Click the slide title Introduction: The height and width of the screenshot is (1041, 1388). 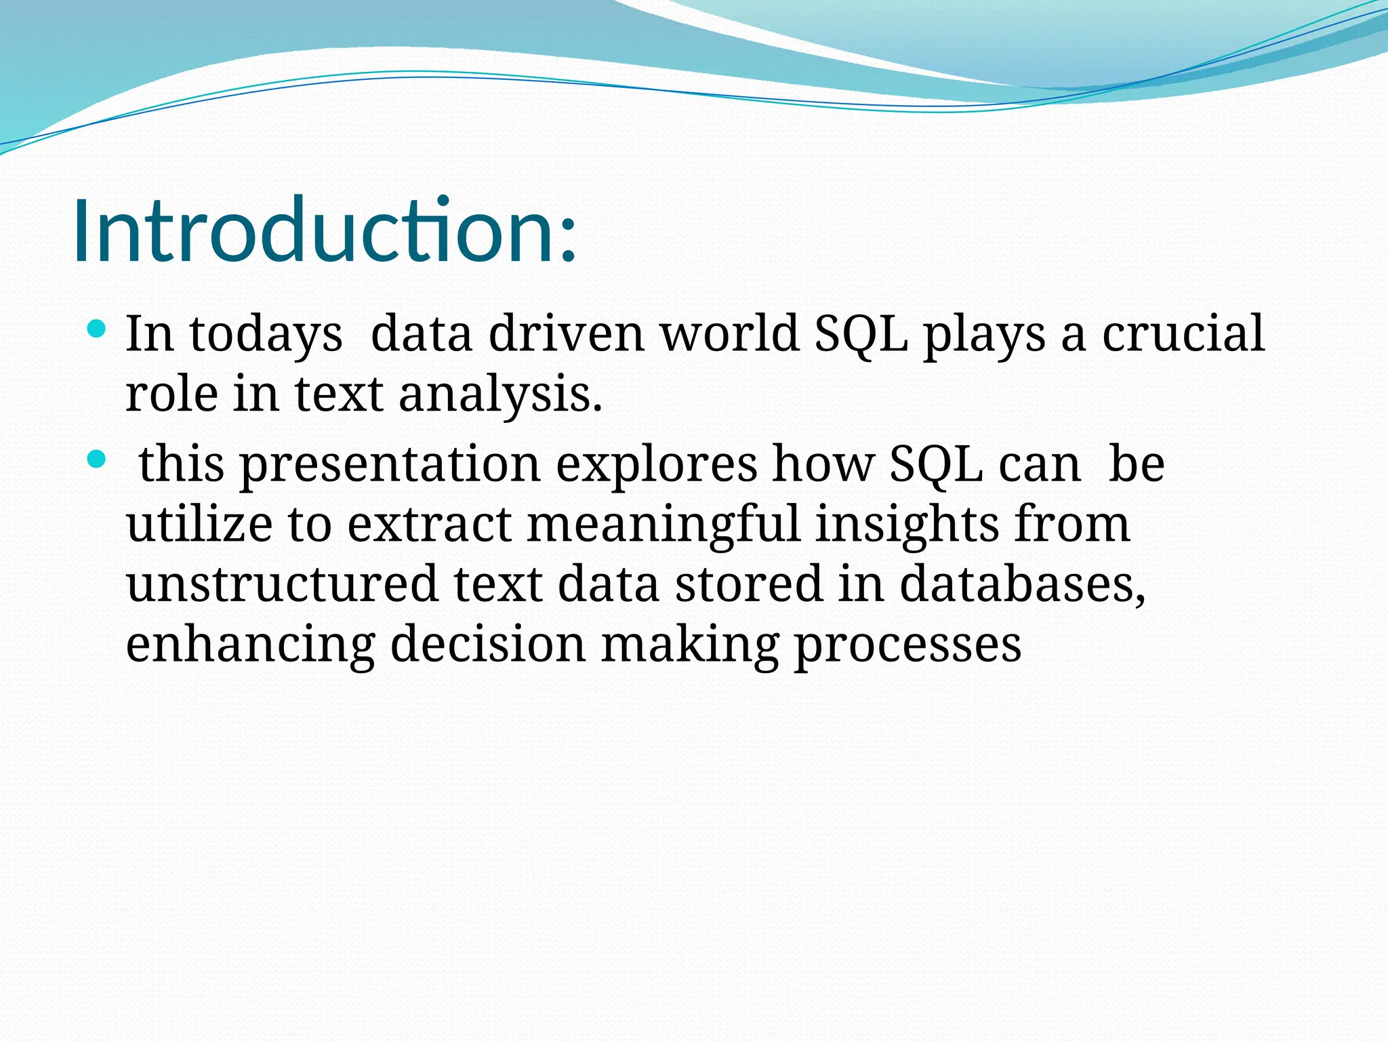click(324, 230)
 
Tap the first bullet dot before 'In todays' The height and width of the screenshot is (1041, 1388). click(97, 330)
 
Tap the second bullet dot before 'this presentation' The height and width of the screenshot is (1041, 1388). click(97, 460)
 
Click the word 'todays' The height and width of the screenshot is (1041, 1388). click(266, 335)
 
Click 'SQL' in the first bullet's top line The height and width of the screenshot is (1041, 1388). click(861, 335)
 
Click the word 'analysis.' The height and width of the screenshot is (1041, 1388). click(500, 395)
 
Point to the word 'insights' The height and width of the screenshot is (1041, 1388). click(907, 525)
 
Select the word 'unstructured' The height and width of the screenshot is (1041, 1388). click(282, 584)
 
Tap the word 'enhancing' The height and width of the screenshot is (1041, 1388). click(250, 645)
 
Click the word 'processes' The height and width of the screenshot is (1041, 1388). click(907, 647)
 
